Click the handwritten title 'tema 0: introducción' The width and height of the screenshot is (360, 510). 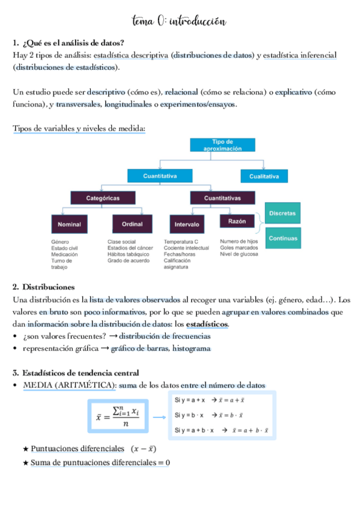click(179, 22)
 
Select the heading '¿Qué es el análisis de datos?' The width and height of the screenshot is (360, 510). click(73, 43)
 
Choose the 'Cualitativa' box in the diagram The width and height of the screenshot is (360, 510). click(264, 176)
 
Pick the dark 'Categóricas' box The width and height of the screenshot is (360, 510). click(103, 197)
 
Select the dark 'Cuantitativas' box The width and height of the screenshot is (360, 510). click(222, 197)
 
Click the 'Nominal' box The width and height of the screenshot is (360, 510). click(69, 224)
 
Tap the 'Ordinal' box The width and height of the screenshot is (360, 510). click(132, 224)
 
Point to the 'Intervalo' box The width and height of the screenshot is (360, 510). click(187, 224)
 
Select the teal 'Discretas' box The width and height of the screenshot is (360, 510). click(282, 213)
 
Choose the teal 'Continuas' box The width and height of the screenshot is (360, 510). click(282, 238)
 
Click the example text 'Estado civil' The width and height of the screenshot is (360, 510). click(65, 248)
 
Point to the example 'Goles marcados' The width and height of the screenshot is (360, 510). click(239, 248)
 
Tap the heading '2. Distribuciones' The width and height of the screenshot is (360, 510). click(47, 287)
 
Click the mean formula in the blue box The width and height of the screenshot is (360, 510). click(118, 414)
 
